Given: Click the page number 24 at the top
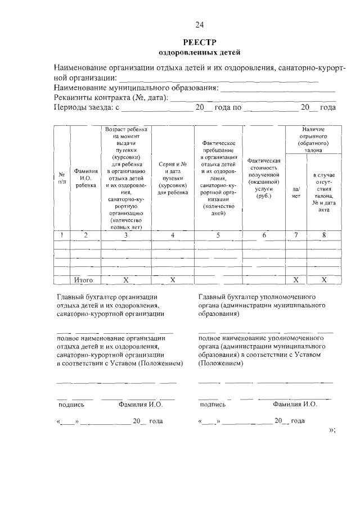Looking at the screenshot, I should (x=199, y=24).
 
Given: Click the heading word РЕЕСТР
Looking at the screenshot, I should (x=199, y=43).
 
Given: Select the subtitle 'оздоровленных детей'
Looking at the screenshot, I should (x=199, y=53).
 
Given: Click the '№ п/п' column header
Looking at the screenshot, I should (x=62, y=178).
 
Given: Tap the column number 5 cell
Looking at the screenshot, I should (x=218, y=235).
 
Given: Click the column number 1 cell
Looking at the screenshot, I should (x=62, y=235).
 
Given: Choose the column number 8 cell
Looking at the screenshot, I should (x=324, y=235).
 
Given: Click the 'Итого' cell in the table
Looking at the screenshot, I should (x=83, y=279).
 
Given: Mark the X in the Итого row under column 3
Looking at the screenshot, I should (x=125, y=279).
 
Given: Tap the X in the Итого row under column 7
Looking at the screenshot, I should (x=296, y=279).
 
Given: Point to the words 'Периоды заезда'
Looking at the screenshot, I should (x=83, y=107).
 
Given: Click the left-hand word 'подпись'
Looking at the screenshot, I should (x=71, y=404).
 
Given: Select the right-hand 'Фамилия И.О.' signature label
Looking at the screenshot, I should (x=295, y=404).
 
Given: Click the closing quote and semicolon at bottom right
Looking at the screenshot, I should (x=331, y=430).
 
